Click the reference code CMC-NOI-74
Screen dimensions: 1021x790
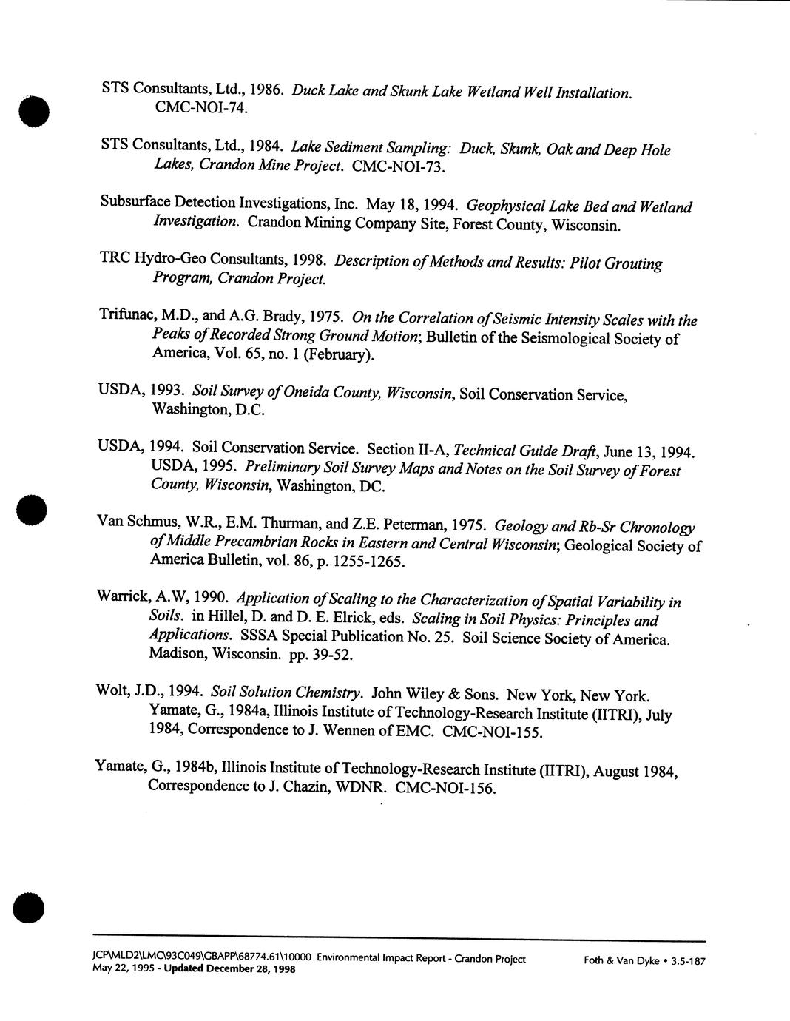click(200, 108)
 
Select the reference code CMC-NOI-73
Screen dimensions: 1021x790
click(399, 167)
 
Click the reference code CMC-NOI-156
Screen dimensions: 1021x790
click(445, 789)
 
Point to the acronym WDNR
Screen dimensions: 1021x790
click(361, 786)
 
